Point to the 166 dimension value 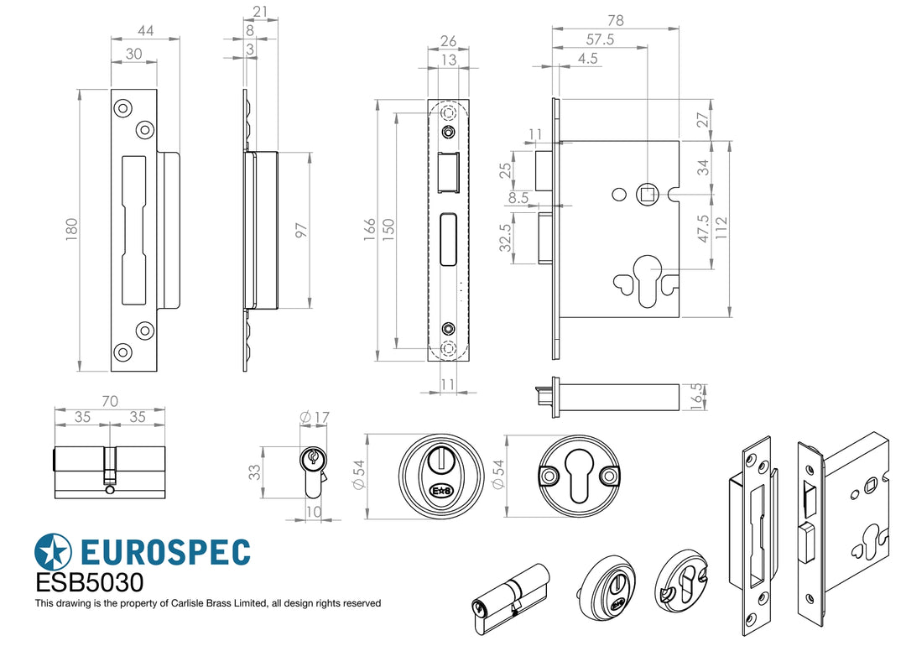click(369, 229)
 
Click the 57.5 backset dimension click(599, 39)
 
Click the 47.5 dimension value click(703, 228)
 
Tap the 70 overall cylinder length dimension click(109, 402)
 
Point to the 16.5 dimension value click(695, 395)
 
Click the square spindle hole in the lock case click(648, 195)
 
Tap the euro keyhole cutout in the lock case click(648, 281)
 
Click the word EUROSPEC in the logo click(166, 552)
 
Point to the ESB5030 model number click(89, 583)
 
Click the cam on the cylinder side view click(109, 478)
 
